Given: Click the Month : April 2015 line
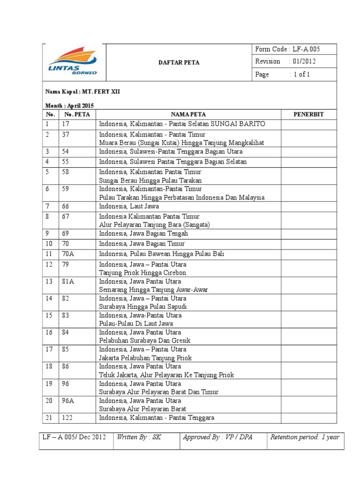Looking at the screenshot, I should click(x=69, y=105).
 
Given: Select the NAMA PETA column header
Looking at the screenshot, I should click(x=188, y=114).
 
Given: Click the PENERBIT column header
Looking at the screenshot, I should click(x=308, y=114).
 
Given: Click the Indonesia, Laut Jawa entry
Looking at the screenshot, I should click(x=129, y=206).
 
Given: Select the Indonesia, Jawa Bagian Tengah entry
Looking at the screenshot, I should click(x=143, y=233).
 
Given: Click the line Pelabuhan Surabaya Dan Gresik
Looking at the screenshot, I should click(x=145, y=341).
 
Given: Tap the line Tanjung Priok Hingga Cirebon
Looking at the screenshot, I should click(x=142, y=273).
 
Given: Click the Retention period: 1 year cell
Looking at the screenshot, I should click(x=305, y=437).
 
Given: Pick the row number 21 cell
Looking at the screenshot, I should click(x=49, y=418).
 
